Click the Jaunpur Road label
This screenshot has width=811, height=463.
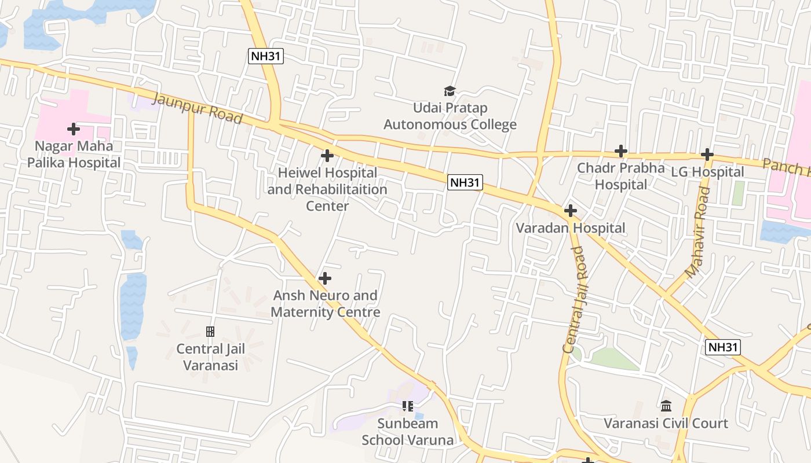pos(196,108)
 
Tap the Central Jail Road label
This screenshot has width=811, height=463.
pos(576,299)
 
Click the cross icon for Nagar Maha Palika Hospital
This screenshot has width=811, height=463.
pos(74,128)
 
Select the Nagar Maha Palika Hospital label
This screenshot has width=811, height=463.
pos(74,155)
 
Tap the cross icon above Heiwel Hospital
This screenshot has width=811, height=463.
pos(327,156)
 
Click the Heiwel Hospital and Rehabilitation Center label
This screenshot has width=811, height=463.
pos(327,189)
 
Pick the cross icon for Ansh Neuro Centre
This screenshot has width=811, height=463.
pos(325,278)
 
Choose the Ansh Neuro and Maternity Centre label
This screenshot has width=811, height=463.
pos(326,304)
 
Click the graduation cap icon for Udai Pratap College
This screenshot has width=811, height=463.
pos(450,91)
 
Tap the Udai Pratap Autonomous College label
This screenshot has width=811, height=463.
pos(450,116)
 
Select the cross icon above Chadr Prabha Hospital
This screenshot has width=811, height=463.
pos(621,151)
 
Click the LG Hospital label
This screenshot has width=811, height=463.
pos(707,172)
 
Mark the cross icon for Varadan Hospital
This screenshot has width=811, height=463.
pos(571,211)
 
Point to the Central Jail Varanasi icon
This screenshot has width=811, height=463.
pos(210,332)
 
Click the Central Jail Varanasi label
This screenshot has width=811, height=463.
pos(211,357)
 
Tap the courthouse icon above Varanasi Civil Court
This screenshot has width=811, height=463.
pos(666,406)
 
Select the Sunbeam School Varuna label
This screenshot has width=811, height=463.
pos(408,431)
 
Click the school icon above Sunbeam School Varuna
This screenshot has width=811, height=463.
pos(408,406)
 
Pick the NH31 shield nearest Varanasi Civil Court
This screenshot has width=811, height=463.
pos(723,347)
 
